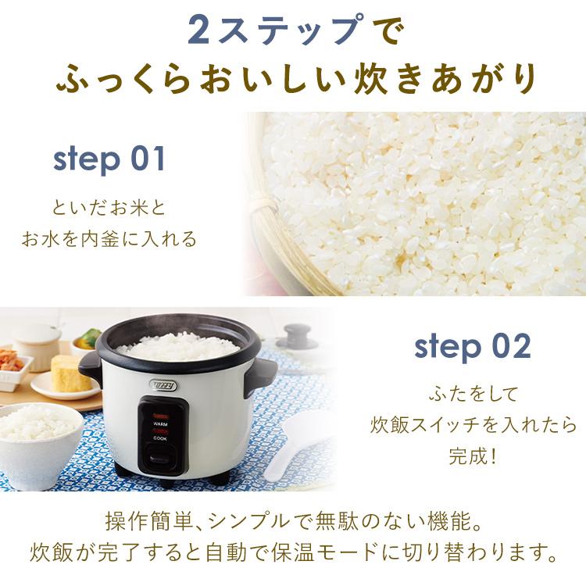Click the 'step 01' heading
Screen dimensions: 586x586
click(109, 159)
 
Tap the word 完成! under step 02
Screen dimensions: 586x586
click(473, 454)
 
